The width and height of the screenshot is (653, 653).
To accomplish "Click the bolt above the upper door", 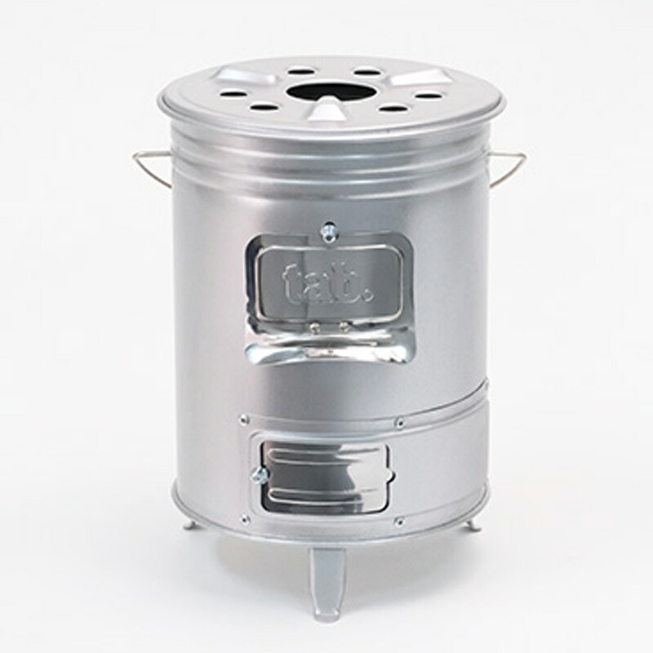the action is tap(328, 230).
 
